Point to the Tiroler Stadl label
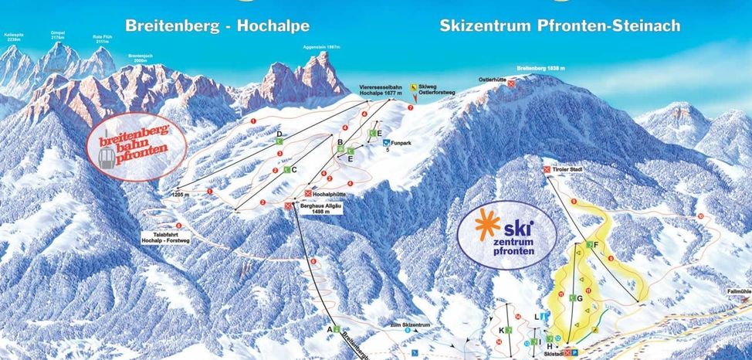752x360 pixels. (568, 168)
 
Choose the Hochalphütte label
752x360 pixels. (329, 193)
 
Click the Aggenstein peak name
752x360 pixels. (322, 47)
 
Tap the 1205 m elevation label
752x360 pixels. (181, 195)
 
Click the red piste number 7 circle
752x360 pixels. (411, 108)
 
